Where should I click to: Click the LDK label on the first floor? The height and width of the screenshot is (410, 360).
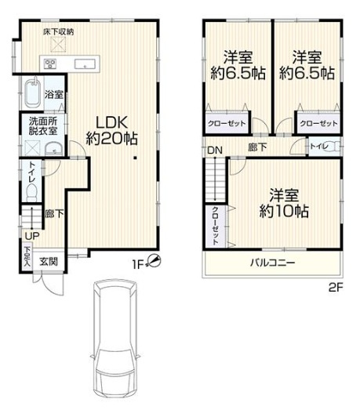pyautogui.click(x=111, y=122)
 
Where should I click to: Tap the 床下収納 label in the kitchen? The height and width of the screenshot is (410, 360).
pyautogui.click(x=59, y=32)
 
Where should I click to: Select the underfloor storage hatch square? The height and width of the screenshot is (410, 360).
pyautogui.click(x=58, y=45)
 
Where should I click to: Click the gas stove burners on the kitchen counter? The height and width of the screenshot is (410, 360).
pyautogui.click(x=50, y=63)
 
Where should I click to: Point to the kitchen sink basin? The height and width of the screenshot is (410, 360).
pyautogui.click(x=85, y=64)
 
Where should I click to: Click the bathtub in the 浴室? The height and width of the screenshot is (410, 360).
pyautogui.click(x=33, y=93)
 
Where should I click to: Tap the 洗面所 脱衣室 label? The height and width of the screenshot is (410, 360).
pyautogui.click(x=43, y=125)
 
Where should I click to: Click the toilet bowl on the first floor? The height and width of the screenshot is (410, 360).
pyautogui.click(x=32, y=191)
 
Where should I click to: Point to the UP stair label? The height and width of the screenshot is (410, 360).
pyautogui.click(x=32, y=237)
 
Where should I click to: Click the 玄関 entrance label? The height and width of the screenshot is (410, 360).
pyautogui.click(x=49, y=262)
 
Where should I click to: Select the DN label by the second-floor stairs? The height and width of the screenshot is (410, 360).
pyautogui.click(x=215, y=151)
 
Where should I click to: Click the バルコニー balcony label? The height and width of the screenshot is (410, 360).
pyautogui.click(x=273, y=263)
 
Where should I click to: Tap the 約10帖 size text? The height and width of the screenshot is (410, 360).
pyautogui.click(x=284, y=211)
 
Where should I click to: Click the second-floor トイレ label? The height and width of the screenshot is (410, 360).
pyautogui.click(x=319, y=147)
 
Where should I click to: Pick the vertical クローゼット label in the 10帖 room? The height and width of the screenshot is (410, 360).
pyautogui.click(x=216, y=226)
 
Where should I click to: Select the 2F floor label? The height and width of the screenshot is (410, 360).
pyautogui.click(x=336, y=288)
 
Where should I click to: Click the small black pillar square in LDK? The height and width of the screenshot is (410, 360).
pyautogui.click(x=135, y=158)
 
